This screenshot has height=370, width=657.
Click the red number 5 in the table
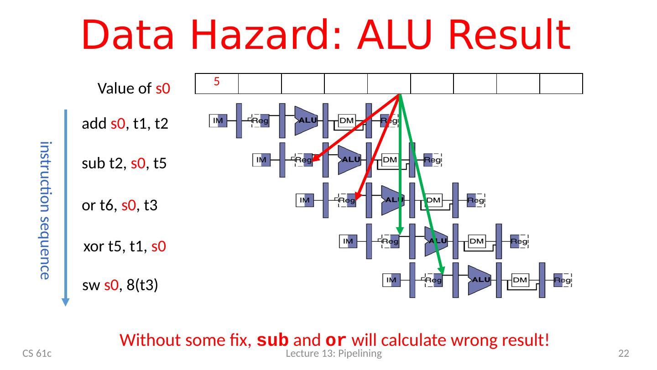click(x=217, y=82)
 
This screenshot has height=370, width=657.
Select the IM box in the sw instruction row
click(x=391, y=280)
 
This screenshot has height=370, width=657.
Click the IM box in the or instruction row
click(x=304, y=200)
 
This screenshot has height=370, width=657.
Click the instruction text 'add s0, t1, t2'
click(x=125, y=124)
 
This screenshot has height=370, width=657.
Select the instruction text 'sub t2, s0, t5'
click(x=124, y=165)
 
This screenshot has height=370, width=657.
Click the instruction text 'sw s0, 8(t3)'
click(x=120, y=286)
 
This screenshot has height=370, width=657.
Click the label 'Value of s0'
click(x=134, y=89)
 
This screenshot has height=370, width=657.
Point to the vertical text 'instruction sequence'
click(x=44, y=210)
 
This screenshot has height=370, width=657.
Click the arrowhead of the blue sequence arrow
click(x=66, y=302)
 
